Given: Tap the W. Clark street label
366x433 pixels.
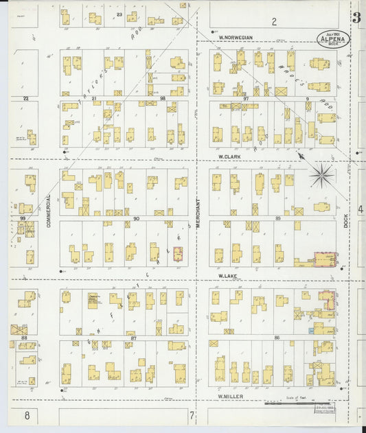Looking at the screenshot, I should [x=228, y=156].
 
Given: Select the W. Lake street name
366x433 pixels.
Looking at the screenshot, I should [x=227, y=276].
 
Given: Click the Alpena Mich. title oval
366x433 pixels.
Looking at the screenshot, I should [x=334, y=38].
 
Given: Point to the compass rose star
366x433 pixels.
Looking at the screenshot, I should [x=321, y=175].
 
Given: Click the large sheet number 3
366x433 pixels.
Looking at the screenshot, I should [x=357, y=19].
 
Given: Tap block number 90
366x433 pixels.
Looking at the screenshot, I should [x=136, y=218].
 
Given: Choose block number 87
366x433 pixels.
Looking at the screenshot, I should [x=134, y=338].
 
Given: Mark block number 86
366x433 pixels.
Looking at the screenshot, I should [x=277, y=338].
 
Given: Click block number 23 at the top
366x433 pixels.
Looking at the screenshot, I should [x=119, y=14].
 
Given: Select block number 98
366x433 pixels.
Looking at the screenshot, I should [x=163, y=99].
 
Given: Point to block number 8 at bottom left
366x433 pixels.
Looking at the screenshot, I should [x=27, y=414].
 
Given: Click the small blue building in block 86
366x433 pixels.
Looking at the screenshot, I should [x=311, y=331].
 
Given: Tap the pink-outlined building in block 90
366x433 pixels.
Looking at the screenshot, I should [x=179, y=254].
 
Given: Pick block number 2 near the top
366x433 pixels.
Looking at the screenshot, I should [x=273, y=21].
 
